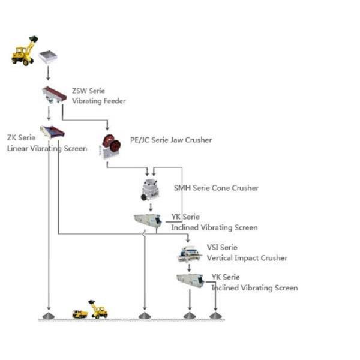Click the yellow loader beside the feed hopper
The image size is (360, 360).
tap(24, 51)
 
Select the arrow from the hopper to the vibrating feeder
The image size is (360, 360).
tap(48, 75)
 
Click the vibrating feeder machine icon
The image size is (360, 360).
tap(53, 94)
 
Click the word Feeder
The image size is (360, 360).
tap(113, 101)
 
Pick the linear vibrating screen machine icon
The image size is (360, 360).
tap(52, 131)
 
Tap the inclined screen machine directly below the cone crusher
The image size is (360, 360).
tap(147, 221)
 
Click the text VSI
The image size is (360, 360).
tap(214, 247)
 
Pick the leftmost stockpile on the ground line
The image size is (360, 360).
tap(49, 315)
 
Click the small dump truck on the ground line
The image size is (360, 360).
tap(80, 313)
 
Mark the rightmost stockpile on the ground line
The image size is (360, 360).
tap(215, 315)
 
